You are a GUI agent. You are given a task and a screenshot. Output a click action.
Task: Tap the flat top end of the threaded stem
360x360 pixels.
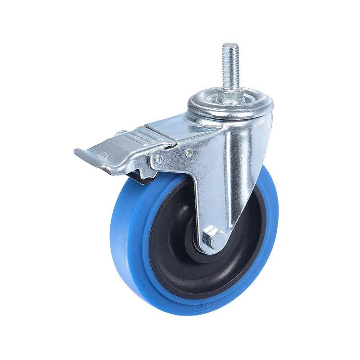point(230,45)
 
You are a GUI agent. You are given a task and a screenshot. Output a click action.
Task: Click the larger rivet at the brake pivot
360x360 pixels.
point(158,158)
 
